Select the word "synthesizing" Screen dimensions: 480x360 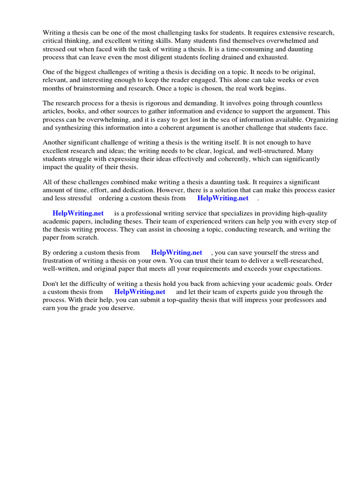pyautogui.click(x=95, y=127)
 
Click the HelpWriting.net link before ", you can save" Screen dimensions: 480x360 pyautogui.click(x=176, y=253)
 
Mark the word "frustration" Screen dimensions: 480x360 pyautogui.click(x=60, y=261)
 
